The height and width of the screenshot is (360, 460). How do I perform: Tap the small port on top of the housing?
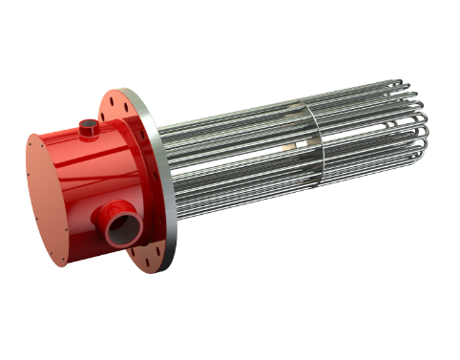pyautogui.click(x=89, y=125)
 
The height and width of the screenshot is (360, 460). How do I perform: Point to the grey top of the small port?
pyautogui.click(x=89, y=120)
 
